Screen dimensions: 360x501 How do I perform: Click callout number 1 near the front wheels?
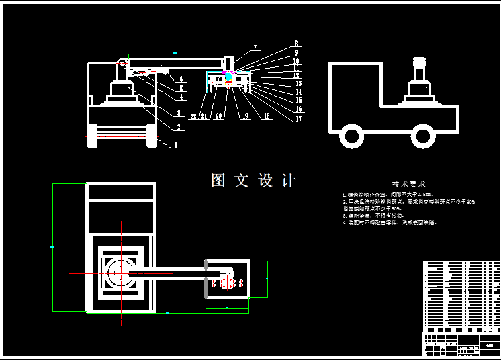(175, 144)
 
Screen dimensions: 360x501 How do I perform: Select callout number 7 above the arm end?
(255, 48)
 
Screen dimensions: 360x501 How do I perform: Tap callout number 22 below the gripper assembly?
(193, 116)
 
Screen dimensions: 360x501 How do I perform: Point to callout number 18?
(267, 116)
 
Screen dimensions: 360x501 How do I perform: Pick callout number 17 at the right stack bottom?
(299, 119)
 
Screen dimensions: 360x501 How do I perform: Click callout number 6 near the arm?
(181, 79)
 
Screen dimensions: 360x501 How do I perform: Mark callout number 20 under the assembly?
(218, 116)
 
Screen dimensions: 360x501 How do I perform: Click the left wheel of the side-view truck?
(351, 136)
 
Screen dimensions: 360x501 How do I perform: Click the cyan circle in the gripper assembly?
(228, 78)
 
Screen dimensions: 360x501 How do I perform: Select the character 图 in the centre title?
(218, 181)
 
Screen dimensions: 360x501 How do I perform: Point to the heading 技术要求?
(409, 184)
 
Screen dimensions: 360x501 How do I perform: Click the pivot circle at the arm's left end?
(122, 62)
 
